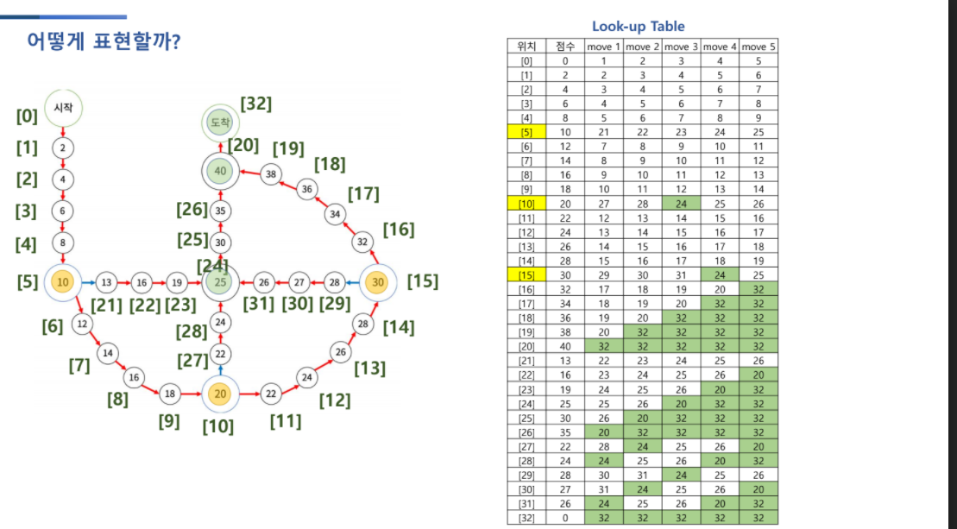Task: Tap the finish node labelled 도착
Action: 221,123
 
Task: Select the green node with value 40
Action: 221,172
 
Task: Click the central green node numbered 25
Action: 221,282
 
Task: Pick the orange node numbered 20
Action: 221,394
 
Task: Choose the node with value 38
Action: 271,173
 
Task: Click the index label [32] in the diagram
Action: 256,104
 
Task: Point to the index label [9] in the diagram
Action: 170,421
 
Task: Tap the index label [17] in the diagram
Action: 363,194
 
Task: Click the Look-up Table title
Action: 638,27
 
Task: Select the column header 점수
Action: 565,47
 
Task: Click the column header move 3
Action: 681,47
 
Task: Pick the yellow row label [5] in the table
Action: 526,133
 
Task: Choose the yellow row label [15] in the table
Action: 526,274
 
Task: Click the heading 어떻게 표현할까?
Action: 104,42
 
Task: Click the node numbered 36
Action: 307,189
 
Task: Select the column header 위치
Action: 526,47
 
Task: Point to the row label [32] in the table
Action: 526,517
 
